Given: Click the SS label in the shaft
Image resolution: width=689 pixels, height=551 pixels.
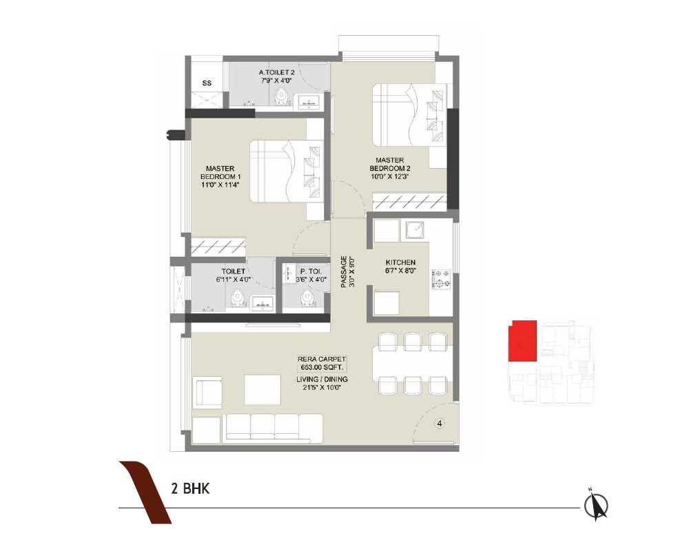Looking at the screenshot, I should coord(206,83).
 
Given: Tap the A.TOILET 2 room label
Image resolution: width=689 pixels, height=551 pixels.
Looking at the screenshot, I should coord(277,72).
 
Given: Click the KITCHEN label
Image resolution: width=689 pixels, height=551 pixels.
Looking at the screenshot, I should coord(400,262).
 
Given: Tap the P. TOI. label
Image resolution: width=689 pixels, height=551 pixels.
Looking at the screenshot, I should coord(302,272).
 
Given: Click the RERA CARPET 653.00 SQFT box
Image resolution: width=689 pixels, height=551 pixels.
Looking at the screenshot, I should coord(322,363).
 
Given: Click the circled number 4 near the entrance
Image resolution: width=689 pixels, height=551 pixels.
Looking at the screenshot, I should coord(439,424).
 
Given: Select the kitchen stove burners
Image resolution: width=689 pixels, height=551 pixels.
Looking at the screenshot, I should coord(442,278).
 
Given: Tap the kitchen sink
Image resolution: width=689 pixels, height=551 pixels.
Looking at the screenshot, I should coord(415,231).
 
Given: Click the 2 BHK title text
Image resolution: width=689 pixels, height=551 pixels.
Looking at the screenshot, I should coord(190,490).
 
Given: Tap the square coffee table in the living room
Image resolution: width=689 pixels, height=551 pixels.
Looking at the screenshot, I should coord(262,389).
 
